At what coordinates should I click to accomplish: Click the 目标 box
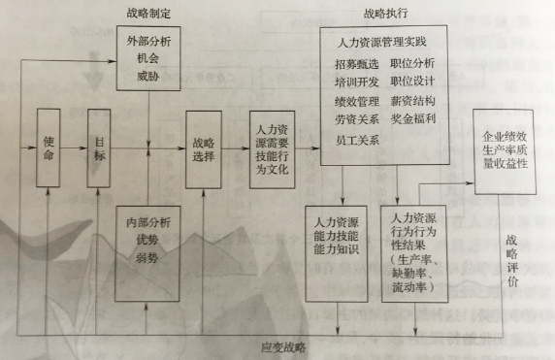tap(100, 147)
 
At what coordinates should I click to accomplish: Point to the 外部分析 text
tap(147, 44)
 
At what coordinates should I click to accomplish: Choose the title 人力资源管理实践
tap(384, 44)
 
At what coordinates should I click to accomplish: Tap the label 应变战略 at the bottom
tap(282, 347)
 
